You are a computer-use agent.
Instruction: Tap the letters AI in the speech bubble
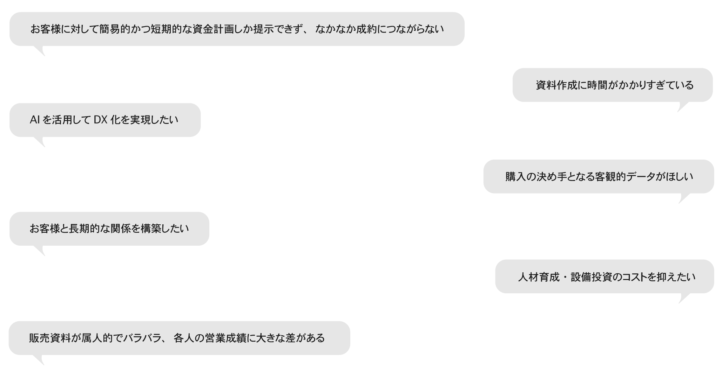pos(34,120)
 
